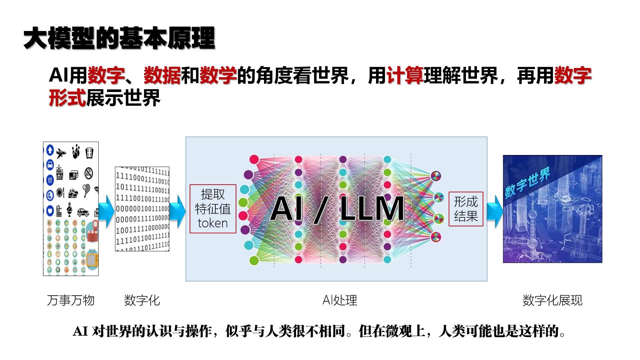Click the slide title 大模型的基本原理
tap(119, 38)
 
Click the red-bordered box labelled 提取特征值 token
tap(213, 209)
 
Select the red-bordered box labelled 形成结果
tap(466, 209)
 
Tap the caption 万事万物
tap(71, 300)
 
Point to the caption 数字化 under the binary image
tap(142, 300)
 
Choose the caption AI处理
tap(340, 300)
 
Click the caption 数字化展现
tap(552, 300)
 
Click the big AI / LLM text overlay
tap(337, 209)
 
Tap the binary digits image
tap(142, 209)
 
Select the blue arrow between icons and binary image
tap(106, 211)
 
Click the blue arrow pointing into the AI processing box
tap(178, 211)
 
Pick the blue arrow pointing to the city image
tap(495, 211)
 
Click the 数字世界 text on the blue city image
tap(527, 183)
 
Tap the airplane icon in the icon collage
tap(61, 153)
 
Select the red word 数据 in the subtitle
tap(162, 75)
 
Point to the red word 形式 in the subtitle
tap(68, 98)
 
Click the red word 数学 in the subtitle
tap(218, 75)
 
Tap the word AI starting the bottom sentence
tap(80, 331)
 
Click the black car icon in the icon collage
tap(83, 212)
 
